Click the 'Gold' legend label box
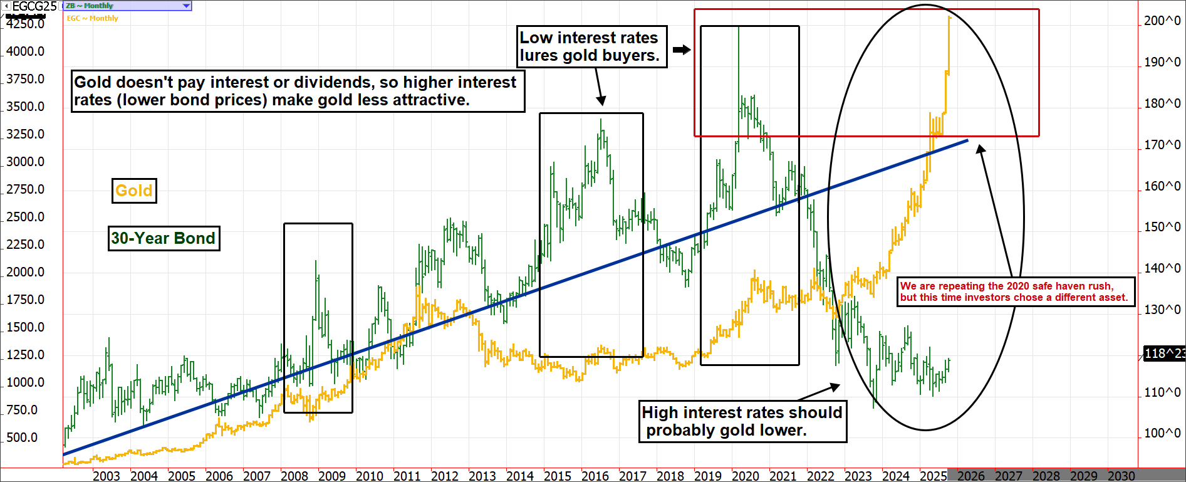pyautogui.click(x=134, y=191)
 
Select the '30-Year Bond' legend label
pyautogui.click(x=164, y=238)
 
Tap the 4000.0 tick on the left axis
pyautogui.click(x=26, y=51)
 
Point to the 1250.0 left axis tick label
pyautogui.click(x=26, y=355)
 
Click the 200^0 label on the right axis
pyautogui.click(x=1162, y=21)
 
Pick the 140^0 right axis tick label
pyautogui.click(x=1162, y=268)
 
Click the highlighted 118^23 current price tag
pyautogui.click(x=1164, y=354)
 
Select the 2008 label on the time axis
pyautogui.click(x=294, y=476)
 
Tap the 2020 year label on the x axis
pyautogui.click(x=746, y=476)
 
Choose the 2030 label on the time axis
pyautogui.click(x=1121, y=476)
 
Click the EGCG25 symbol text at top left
pyautogui.click(x=34, y=6)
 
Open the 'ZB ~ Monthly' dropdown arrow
pyautogui.click(x=186, y=6)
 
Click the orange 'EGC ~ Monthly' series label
pyautogui.click(x=93, y=18)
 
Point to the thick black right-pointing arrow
pyautogui.click(x=682, y=50)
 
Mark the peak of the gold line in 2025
pyautogui.click(x=950, y=18)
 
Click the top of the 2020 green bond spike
pyautogui.click(x=739, y=27)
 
